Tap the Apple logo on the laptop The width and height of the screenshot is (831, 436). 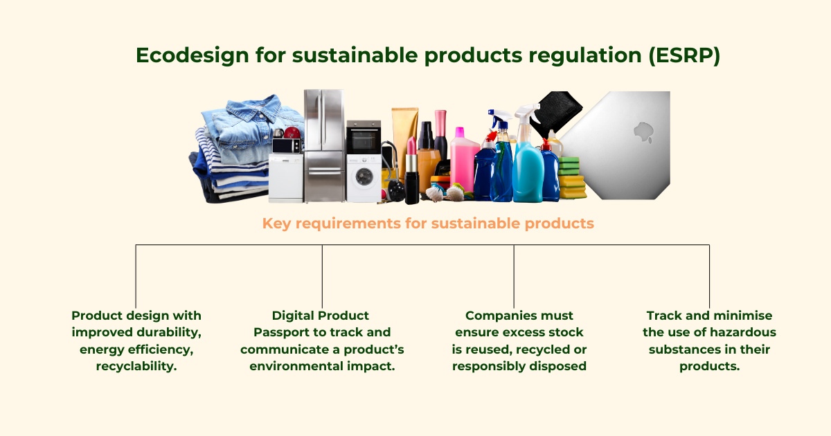pyautogui.click(x=643, y=132)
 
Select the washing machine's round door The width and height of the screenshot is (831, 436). pyautogui.click(x=363, y=176)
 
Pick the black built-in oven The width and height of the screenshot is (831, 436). pyautogui.click(x=363, y=138)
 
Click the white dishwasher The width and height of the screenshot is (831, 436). pyautogui.click(x=285, y=178)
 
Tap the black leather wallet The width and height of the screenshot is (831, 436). pyautogui.click(x=553, y=112)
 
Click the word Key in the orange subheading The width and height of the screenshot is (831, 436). pyautogui.click(x=276, y=224)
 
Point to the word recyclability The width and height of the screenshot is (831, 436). pyautogui.click(x=136, y=366)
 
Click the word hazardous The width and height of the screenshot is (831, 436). pyautogui.click(x=742, y=332)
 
